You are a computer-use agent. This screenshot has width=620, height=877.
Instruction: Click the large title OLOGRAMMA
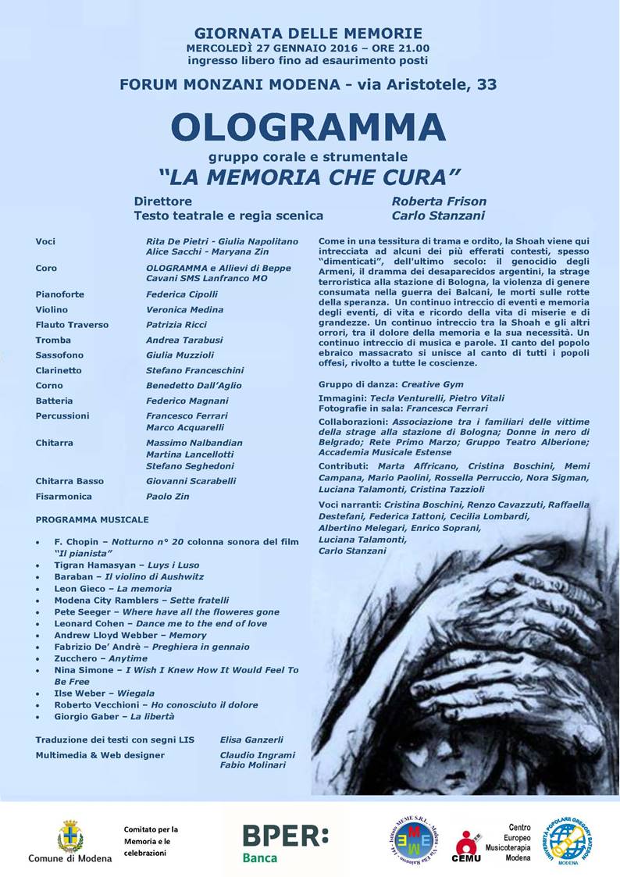(x=308, y=127)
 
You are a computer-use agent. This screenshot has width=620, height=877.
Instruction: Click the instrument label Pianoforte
(x=60, y=294)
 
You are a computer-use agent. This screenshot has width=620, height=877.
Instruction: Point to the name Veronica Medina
(x=184, y=309)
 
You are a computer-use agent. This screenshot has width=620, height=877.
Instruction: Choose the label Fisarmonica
(x=63, y=496)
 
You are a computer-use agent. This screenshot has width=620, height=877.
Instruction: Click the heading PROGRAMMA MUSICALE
(x=92, y=519)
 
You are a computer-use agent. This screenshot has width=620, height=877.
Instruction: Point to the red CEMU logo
(x=468, y=846)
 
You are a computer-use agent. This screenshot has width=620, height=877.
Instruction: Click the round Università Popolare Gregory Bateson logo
(x=577, y=842)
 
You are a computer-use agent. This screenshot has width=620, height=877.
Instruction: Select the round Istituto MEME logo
(x=416, y=840)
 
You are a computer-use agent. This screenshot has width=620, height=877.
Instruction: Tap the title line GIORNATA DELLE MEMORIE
(x=308, y=34)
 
